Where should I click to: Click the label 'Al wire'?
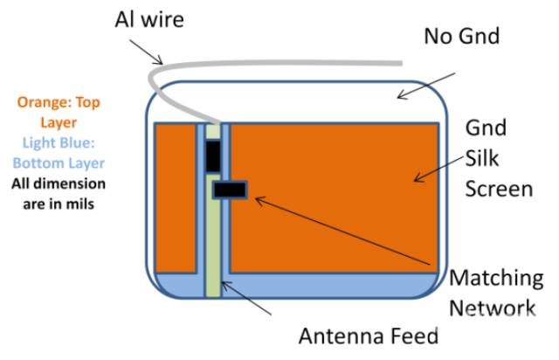[149, 19]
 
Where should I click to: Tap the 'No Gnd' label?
[462, 36]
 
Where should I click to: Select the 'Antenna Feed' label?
[369, 336]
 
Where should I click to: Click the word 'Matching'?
[496, 280]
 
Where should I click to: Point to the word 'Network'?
[493, 308]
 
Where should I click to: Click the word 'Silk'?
[481, 158]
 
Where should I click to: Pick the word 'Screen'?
[499, 189]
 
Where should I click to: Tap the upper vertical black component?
[213, 156]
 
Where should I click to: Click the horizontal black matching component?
[230, 190]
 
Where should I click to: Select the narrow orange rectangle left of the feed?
[176, 198]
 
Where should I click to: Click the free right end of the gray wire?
[402, 64]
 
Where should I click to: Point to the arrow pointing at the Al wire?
[146, 52]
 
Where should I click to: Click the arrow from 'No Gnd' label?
[426, 86]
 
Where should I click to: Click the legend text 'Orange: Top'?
[59, 103]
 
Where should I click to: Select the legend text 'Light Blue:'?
[59, 143]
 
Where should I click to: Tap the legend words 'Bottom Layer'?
[59, 163]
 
